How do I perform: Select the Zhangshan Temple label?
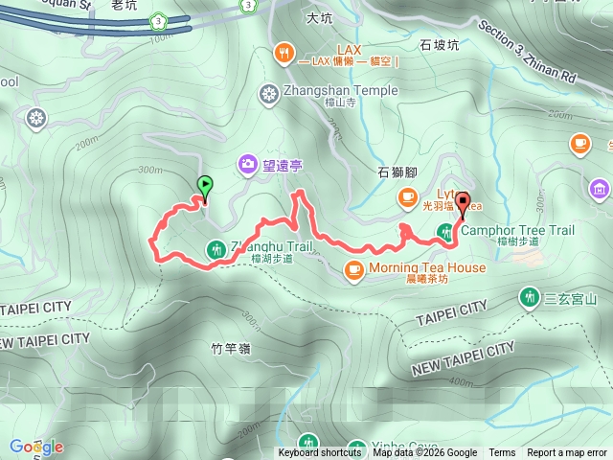coord(327,92)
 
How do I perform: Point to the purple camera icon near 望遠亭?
coord(248,166)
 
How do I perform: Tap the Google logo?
coord(36,447)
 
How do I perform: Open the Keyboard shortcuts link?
coord(320,453)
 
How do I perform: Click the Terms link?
coord(502,453)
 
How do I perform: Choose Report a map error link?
coord(568,453)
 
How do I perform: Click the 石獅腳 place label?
coord(397,173)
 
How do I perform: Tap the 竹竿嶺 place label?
coord(231,349)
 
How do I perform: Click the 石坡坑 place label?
coord(441,44)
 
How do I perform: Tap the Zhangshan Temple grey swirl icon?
coord(267,92)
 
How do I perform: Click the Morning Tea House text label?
coord(426,268)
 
